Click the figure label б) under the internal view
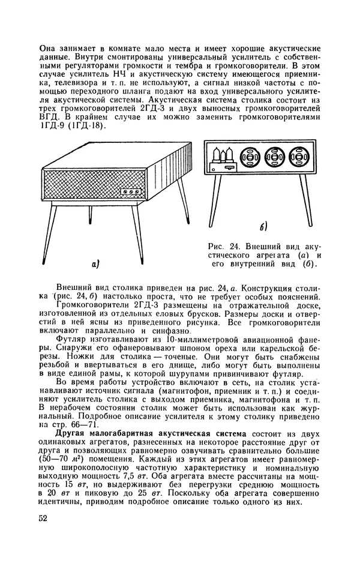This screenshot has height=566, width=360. [262, 226]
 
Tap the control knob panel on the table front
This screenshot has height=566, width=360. [128, 193]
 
